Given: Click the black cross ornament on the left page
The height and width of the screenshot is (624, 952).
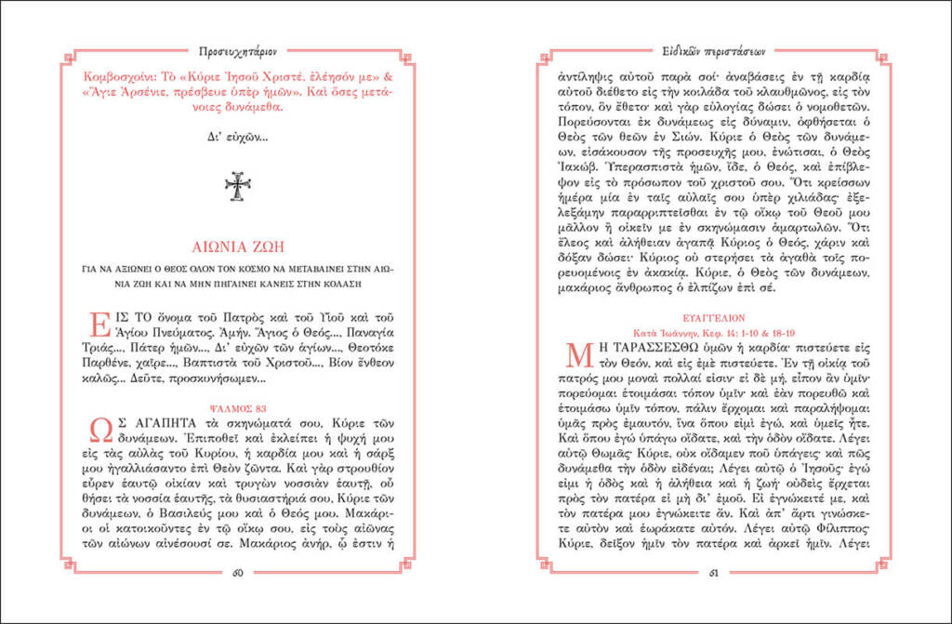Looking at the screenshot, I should (238, 186).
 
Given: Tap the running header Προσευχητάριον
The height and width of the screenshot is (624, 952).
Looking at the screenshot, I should (238, 50).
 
